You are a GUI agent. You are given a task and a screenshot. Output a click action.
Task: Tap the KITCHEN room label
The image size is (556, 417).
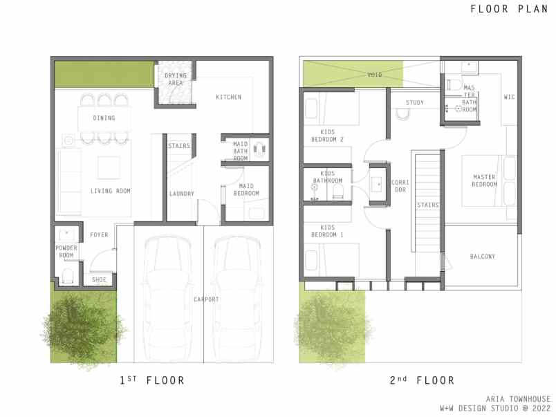228,97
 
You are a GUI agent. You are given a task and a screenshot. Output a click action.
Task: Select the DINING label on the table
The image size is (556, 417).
104,118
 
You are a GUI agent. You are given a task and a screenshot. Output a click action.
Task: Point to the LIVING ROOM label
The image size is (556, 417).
110,191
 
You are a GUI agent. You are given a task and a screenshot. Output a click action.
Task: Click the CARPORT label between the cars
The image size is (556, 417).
206,299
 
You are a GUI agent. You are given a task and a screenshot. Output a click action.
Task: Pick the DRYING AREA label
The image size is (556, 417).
174,80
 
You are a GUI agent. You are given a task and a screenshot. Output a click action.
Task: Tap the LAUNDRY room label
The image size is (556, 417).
182,194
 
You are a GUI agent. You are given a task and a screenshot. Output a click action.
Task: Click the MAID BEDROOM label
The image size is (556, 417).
248,189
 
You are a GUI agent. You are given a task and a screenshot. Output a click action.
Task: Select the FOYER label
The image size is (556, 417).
99,235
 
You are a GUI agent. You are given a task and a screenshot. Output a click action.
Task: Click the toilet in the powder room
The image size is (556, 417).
67,277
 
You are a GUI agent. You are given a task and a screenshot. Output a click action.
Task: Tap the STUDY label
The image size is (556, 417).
415,103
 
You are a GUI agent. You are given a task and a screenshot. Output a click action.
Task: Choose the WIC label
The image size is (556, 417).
510,97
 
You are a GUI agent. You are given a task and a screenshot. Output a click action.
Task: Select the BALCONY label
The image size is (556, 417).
482,257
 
